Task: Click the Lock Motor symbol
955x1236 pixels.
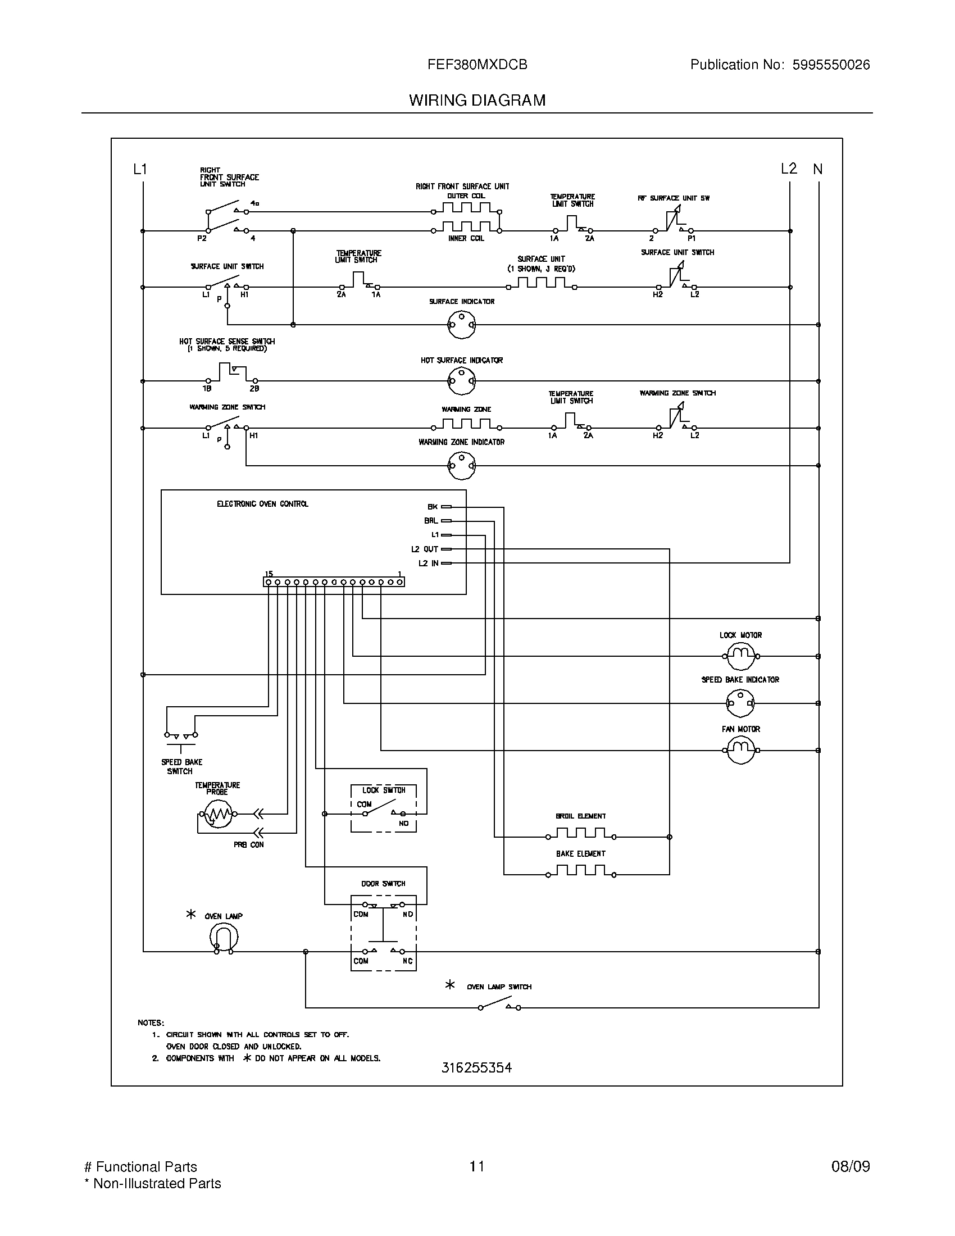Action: (740, 656)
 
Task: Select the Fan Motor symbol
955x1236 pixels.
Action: (740, 751)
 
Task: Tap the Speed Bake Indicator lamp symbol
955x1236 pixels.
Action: (740, 703)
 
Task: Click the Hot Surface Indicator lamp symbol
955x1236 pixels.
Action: (461, 381)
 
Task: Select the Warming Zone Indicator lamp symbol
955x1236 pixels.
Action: (461, 466)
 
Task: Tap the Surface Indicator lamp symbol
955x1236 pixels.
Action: (461, 325)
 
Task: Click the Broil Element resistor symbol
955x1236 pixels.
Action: (580, 834)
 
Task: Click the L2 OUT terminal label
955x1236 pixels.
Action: (424, 549)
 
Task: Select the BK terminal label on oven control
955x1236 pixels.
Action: (432, 507)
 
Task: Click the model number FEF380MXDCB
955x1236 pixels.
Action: (477, 65)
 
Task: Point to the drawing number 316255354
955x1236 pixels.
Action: (476, 1068)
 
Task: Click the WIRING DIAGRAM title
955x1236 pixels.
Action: (477, 100)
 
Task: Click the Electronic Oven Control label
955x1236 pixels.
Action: (262, 504)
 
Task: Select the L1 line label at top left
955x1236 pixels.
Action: (140, 169)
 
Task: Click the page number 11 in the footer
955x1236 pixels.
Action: (476, 1166)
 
